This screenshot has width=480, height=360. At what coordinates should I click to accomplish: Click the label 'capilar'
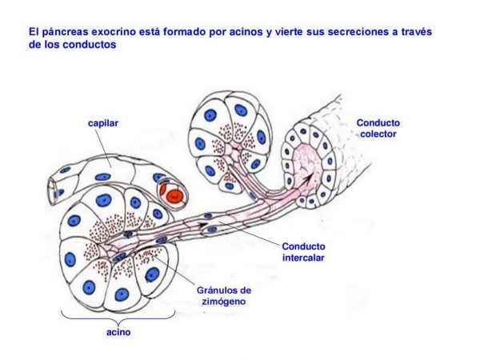tap(103, 124)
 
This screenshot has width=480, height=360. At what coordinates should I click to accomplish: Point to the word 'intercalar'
tap(303, 258)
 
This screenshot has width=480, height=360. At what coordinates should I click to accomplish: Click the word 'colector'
tap(378, 134)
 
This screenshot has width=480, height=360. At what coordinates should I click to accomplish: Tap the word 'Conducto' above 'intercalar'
tap(303, 246)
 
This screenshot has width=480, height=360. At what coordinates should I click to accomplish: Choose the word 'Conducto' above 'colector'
tap(378, 123)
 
